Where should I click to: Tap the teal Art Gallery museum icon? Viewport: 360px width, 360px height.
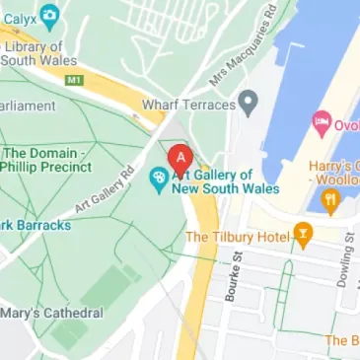click(x=157, y=179)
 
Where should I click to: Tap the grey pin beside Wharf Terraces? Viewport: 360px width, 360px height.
click(x=249, y=101)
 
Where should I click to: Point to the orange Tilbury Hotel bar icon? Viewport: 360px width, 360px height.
click(x=303, y=236)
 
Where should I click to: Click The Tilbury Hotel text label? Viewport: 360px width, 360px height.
click(x=237, y=237)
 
